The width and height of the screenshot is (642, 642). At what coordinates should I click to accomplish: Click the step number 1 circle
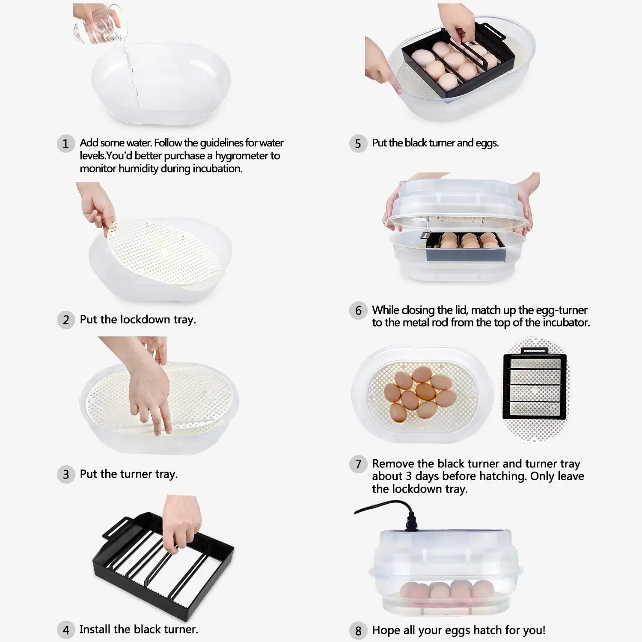pos(66,143)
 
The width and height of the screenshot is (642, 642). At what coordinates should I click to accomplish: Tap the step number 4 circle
pos(66,630)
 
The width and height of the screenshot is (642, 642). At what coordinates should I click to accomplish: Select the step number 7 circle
pos(358,464)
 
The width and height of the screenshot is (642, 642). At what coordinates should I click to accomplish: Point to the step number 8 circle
pos(358,630)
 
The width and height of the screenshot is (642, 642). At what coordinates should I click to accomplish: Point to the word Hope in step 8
pos(386,630)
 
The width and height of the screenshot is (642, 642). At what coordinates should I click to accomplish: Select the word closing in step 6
pos(419,310)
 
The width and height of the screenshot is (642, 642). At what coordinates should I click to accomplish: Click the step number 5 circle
pos(358,143)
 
